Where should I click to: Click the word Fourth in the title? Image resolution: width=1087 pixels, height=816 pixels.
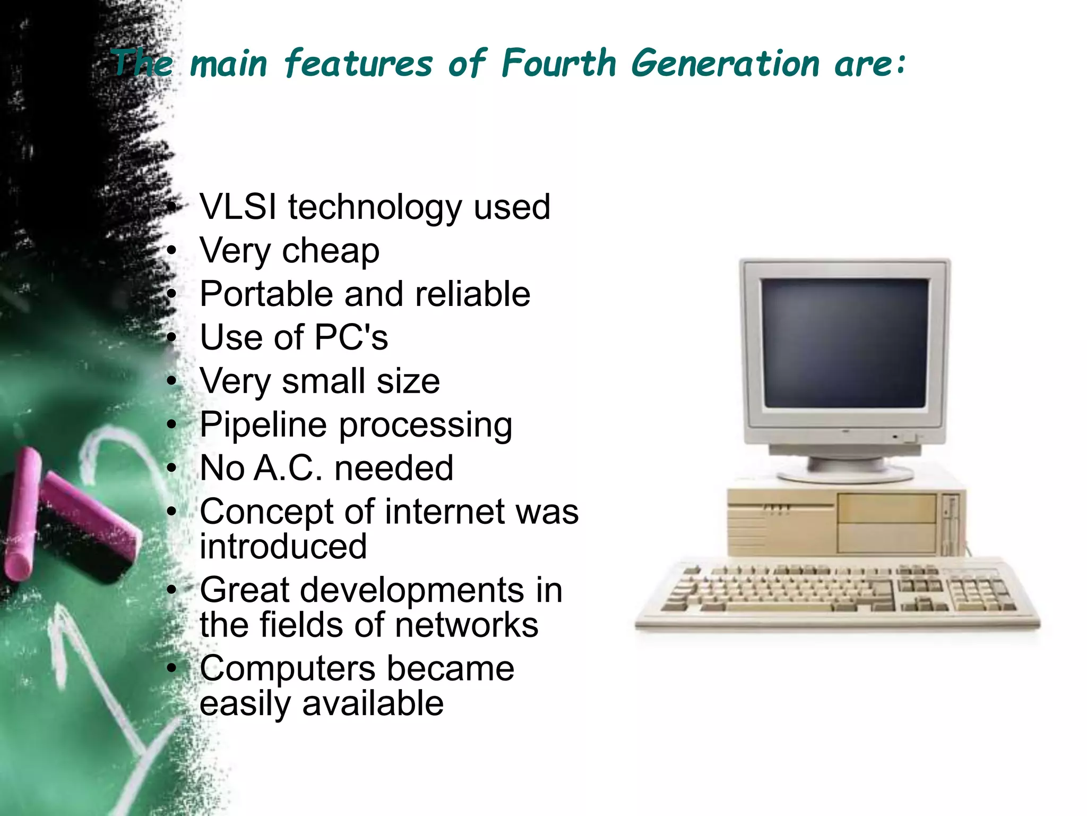pyautogui.click(x=558, y=64)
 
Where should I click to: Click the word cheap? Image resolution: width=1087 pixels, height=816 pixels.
pyautogui.click(x=331, y=251)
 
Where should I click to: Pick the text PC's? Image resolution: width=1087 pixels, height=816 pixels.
pyautogui.click(x=351, y=337)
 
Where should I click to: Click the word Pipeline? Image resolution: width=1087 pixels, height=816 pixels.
pyautogui.click(x=263, y=425)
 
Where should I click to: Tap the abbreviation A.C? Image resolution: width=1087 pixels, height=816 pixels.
pyautogui.click(x=288, y=469)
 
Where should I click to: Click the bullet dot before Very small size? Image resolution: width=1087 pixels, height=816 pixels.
pyautogui.click(x=171, y=381)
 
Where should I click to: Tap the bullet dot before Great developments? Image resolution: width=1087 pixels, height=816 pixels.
pyautogui.click(x=171, y=590)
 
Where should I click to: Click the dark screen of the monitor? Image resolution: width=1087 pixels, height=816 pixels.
pyautogui.click(x=845, y=343)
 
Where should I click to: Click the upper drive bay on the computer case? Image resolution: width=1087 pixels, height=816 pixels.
pyautogui.click(x=886, y=508)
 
